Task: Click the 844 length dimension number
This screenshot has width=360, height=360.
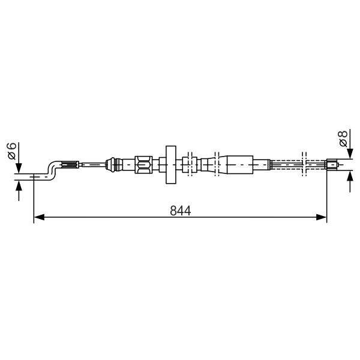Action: coord(181,211)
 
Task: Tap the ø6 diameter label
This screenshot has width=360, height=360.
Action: coord(12,151)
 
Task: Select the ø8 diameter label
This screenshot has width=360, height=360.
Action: coord(343,139)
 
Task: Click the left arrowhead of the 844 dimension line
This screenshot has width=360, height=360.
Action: coord(39,217)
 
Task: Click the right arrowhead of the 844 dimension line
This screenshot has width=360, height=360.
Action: coord(321,217)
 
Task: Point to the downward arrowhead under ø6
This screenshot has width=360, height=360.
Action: coord(19,168)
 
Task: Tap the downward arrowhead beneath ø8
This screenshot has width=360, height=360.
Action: coord(350,154)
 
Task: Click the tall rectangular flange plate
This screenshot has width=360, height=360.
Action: coord(171,164)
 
